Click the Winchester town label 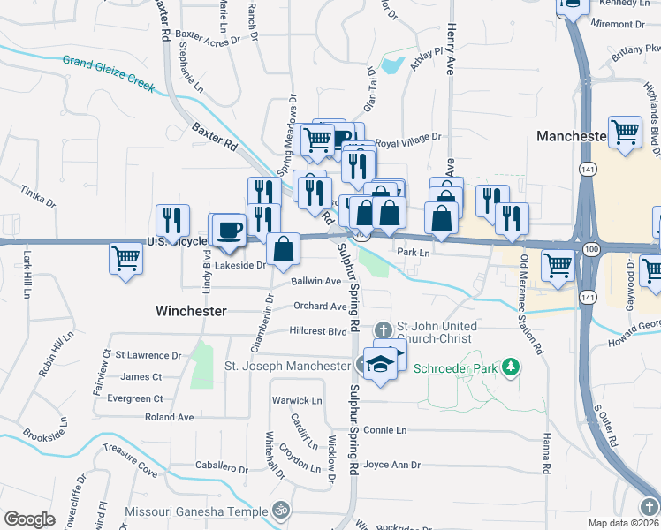click(191, 311)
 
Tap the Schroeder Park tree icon click(510, 366)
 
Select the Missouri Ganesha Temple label click(196, 511)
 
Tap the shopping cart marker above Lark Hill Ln click(126, 260)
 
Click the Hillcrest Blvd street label click(318, 332)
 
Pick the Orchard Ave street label click(320, 307)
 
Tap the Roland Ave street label click(169, 417)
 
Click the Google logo click(29, 519)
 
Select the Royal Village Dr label click(407, 139)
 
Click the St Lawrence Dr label click(148, 355)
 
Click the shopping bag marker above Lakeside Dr click(283, 249)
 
